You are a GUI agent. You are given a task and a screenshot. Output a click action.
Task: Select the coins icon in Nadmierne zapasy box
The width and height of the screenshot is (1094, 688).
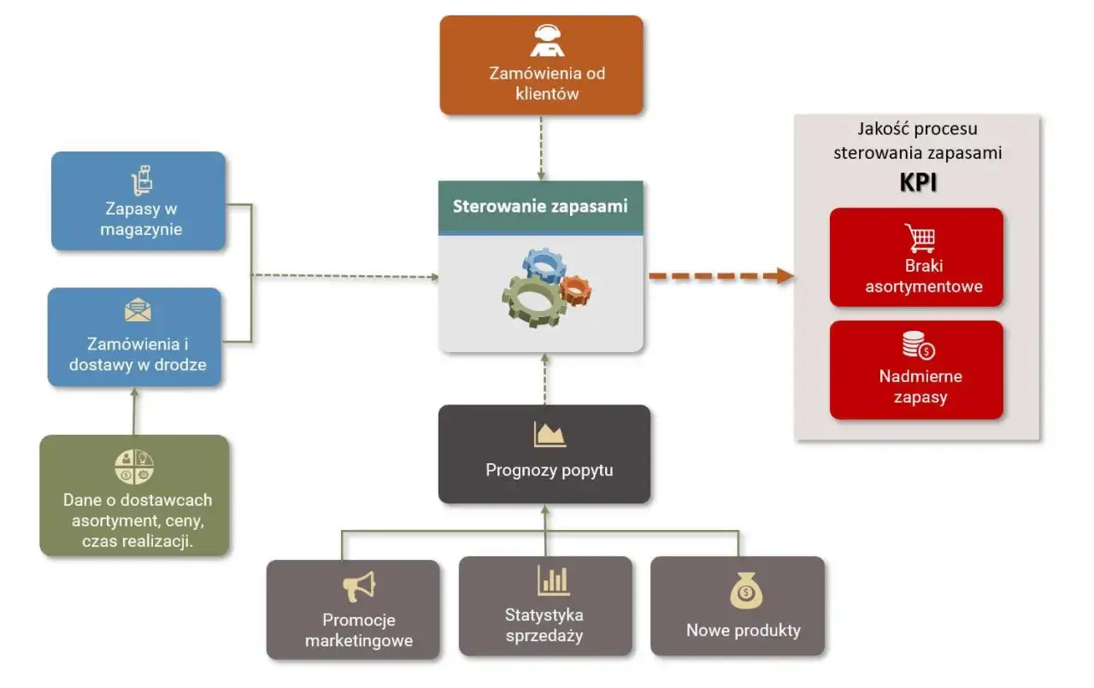[x=919, y=345]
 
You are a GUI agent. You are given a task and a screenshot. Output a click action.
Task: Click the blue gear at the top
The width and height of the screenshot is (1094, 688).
[x=544, y=266]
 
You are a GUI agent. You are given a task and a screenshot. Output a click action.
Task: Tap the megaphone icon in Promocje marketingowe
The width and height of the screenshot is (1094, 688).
[x=359, y=586]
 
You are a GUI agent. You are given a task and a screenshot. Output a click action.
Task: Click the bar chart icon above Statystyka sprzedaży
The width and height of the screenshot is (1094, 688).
[x=553, y=580]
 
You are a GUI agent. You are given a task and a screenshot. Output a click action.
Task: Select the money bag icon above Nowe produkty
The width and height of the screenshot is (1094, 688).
[x=745, y=591]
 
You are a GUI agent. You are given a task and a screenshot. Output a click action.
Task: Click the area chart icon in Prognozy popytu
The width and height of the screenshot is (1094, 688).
[x=550, y=434]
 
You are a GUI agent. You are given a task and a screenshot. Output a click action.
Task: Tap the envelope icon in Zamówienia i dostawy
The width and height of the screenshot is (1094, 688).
[x=138, y=310]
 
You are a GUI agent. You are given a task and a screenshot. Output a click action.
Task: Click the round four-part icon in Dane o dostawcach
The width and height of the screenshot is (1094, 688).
[x=134, y=467]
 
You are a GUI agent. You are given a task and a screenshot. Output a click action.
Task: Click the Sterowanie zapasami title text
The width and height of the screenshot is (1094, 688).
[x=540, y=206]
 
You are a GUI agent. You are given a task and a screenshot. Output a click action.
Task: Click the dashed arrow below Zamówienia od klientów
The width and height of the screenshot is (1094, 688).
[x=541, y=147]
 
